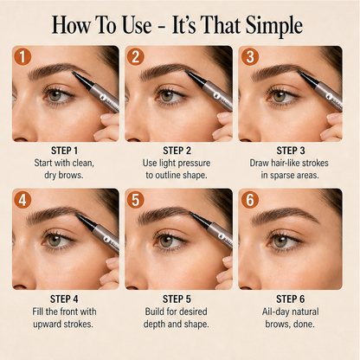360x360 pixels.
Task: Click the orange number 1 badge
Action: pos(22,56)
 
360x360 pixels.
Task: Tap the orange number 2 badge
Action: pos(135,56)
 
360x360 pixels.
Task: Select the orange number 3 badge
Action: pos(250,56)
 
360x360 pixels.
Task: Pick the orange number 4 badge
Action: pos(22,200)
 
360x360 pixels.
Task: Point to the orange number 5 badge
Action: pos(135,200)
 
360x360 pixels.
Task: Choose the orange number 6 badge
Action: pos(250,200)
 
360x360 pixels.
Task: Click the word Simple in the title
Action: pos(274,26)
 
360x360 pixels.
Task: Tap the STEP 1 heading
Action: pos(64,151)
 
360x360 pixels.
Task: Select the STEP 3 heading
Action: pos(291,151)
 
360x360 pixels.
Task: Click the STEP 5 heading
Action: pos(177,299)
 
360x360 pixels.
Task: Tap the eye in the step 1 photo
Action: pos(56,95)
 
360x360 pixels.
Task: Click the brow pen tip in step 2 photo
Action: pos(188,73)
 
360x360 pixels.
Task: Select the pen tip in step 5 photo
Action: pos(193,215)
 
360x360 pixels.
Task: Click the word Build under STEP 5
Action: pos(154,312)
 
